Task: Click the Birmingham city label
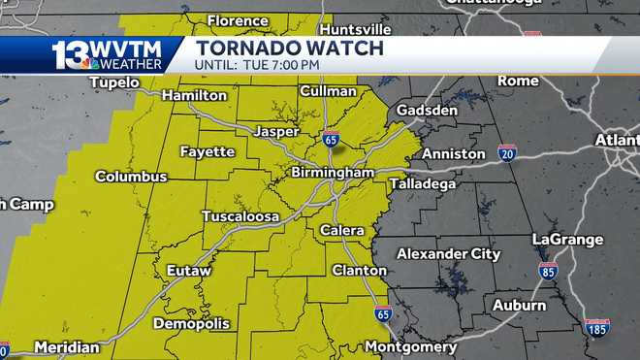[x=333, y=173]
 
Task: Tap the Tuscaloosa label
[x=240, y=215]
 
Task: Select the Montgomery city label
[x=411, y=346]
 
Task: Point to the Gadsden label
[x=427, y=111]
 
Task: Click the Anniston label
[x=454, y=153]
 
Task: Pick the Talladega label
[x=423, y=183]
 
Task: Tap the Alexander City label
[x=450, y=254]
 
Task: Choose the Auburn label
[x=519, y=305]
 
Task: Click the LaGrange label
[x=567, y=239]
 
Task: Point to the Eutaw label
[x=188, y=270]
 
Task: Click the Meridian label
[x=67, y=346]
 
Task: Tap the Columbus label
[x=131, y=177]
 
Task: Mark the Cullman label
[x=329, y=91]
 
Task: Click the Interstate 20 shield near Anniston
[x=507, y=151]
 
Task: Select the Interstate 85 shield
[x=548, y=270]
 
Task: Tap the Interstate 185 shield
[x=596, y=326]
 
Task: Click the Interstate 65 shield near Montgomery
[x=383, y=313]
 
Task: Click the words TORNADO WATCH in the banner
[x=289, y=48]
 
